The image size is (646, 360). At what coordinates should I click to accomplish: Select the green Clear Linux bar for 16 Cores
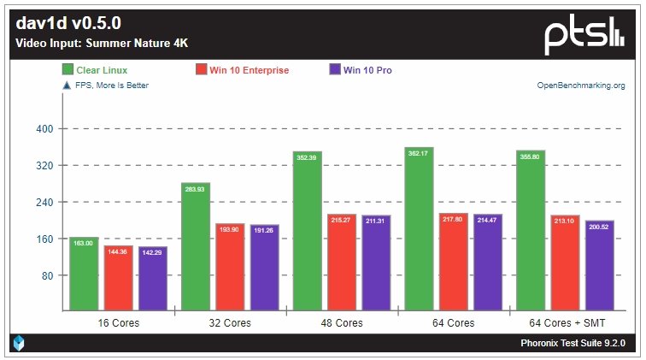[84, 274]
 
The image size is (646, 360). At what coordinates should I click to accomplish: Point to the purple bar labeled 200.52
[599, 265]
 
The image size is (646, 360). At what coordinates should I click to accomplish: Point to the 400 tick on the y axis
[44, 129]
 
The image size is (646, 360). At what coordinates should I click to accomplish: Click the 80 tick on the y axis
[46, 275]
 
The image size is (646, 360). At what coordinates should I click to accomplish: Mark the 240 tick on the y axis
[44, 203]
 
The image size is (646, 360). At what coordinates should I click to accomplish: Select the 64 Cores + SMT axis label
[565, 323]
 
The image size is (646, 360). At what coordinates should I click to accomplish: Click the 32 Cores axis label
[230, 323]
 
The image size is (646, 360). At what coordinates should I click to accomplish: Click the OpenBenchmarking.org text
[581, 86]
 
